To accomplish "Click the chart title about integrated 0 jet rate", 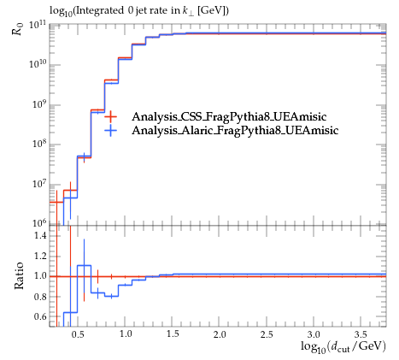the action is tap(139, 11).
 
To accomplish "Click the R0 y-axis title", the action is tap(17, 28).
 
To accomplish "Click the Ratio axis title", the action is tap(19, 276).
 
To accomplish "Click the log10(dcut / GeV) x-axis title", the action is tap(343, 346).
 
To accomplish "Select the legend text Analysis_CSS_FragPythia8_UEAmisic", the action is tap(229, 116).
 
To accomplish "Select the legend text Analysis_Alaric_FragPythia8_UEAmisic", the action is tap(235, 130).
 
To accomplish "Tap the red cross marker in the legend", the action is tap(110, 116).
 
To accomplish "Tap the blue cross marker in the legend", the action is tap(110, 131).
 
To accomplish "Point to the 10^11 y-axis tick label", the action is tap(38, 25).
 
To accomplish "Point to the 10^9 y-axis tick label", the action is tap(38, 104).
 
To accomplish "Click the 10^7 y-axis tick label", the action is tap(38, 184).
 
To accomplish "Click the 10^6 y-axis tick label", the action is tap(38, 223).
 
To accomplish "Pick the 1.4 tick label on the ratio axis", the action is tap(40, 236).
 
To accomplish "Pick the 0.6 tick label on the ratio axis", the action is tap(40, 316).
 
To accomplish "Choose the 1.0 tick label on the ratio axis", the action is tap(40, 276).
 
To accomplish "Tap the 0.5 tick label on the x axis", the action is tap(78, 334).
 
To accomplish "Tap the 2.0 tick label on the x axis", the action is tap(220, 334).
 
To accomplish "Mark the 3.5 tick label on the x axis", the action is tap(361, 334).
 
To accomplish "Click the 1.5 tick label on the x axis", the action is tap(173, 334).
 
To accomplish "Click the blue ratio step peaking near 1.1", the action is tap(84, 265).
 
